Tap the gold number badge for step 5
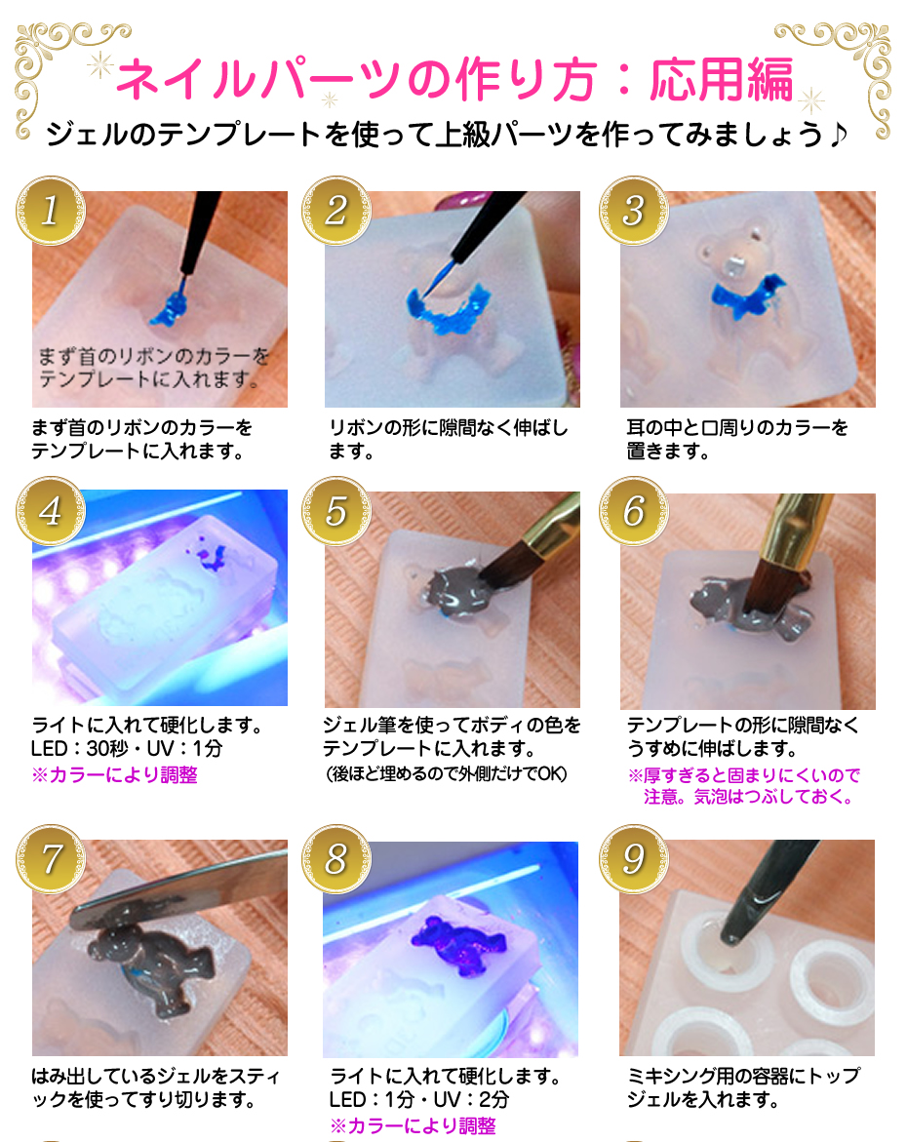[x=335, y=511]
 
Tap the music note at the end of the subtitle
[x=838, y=134]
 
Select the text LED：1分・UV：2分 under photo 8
[x=419, y=1100]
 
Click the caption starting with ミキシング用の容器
[x=743, y=1077]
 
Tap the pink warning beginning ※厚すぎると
[x=743, y=776]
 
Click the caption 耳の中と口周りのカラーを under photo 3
[x=736, y=428]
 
